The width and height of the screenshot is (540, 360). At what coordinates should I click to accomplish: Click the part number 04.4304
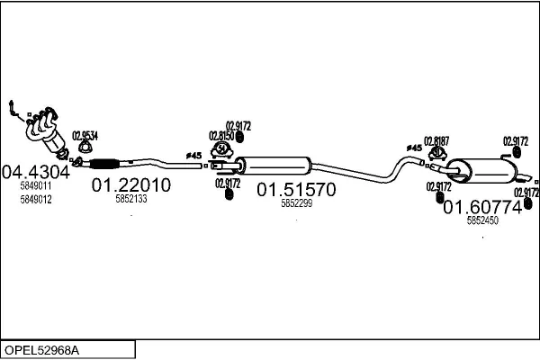(x=35, y=171)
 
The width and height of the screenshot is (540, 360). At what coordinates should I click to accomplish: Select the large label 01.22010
(x=131, y=185)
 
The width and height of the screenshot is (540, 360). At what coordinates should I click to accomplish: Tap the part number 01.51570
(x=296, y=190)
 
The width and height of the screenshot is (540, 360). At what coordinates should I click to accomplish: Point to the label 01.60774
(x=482, y=206)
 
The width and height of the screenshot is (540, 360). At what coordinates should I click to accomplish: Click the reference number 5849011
(x=35, y=185)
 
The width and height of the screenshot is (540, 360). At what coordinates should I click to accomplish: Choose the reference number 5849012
(x=35, y=199)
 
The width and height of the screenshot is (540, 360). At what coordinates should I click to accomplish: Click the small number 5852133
(x=132, y=201)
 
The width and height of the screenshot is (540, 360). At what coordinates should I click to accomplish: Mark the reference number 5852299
(x=296, y=204)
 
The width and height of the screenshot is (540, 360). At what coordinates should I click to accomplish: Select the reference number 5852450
(x=482, y=220)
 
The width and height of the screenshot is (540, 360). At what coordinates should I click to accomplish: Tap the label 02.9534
(x=85, y=135)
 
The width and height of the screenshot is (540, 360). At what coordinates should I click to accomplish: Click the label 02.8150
(x=221, y=136)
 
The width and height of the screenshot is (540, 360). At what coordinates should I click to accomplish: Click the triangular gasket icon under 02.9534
(x=84, y=148)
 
